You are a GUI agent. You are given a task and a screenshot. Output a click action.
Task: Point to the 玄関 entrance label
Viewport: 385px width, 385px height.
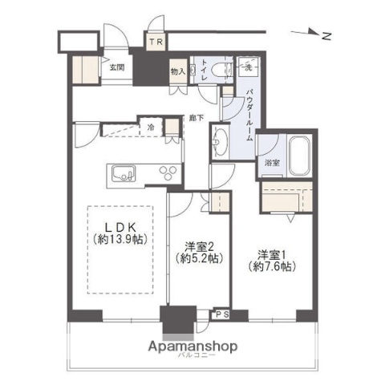tap(116, 68)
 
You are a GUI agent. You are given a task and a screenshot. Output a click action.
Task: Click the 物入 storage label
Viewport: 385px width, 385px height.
tap(178, 71)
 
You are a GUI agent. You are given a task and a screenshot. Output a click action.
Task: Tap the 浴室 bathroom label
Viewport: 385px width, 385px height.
tap(272, 163)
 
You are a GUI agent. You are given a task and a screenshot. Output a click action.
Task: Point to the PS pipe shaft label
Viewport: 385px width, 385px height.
tap(220, 315)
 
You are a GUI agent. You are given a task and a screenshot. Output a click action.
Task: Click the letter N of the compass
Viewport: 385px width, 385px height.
tap(326, 34)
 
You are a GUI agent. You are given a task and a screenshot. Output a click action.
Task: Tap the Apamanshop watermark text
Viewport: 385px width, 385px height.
tap(195, 347)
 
